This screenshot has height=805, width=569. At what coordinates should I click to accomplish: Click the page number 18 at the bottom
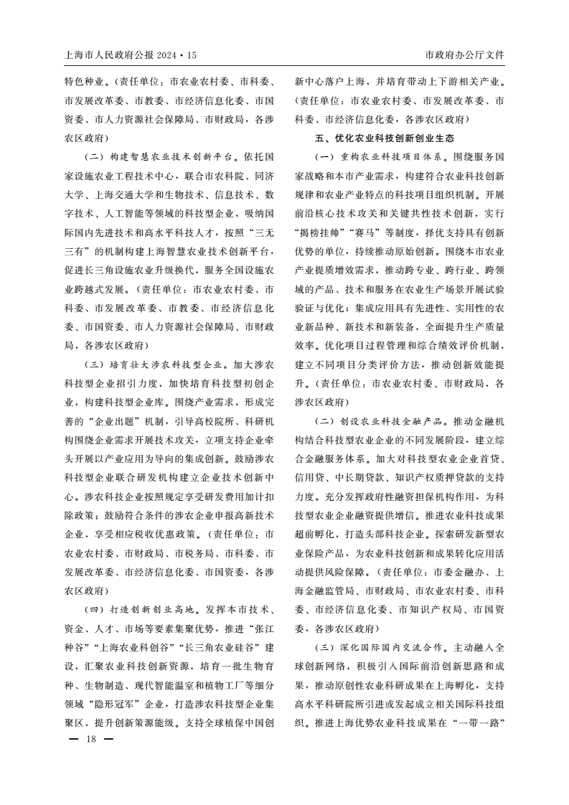click(90, 739)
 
